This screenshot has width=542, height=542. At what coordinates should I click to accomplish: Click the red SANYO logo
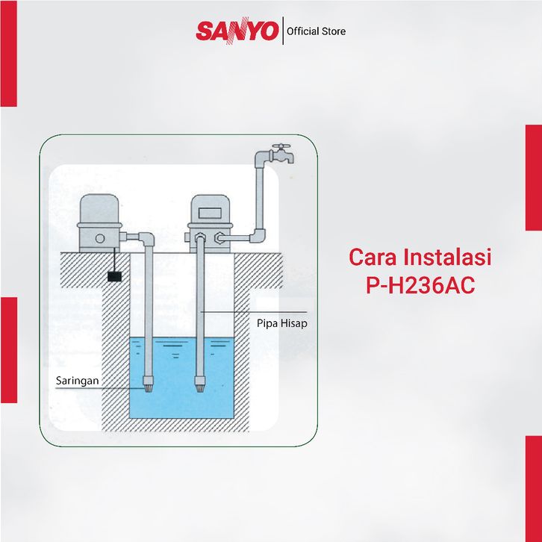click(x=237, y=31)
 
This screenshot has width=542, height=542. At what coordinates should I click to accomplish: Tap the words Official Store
click(x=317, y=31)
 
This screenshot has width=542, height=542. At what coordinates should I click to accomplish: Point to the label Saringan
click(x=78, y=380)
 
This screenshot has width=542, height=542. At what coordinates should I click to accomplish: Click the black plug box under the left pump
click(x=115, y=276)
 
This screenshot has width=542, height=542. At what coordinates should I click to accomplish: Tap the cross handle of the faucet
click(x=281, y=146)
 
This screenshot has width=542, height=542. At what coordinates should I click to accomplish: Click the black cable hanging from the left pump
click(x=114, y=261)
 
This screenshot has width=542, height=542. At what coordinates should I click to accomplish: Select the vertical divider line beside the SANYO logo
click(x=284, y=31)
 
